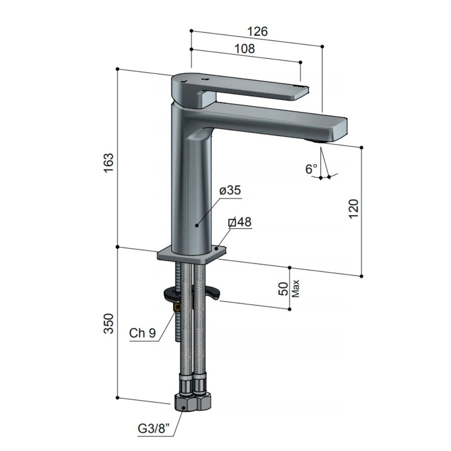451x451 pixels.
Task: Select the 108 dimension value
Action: coord(245,49)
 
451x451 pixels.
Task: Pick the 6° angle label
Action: coord(311,169)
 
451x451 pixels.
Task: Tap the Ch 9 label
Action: coord(143,333)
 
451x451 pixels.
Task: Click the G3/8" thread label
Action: coord(154,429)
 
